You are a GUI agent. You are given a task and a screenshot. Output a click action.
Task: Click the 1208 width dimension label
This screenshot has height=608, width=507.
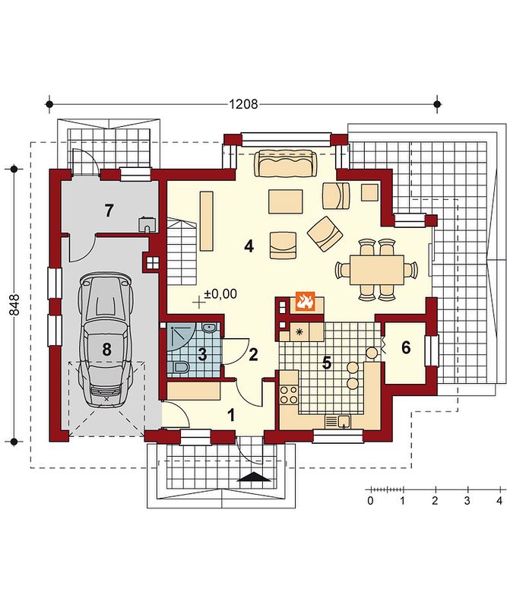pyautogui.click(x=243, y=104)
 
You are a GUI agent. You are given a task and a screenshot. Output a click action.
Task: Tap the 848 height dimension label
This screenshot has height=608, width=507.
pyautogui.click(x=14, y=305)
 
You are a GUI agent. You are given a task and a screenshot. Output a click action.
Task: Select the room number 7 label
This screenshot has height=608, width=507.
pyautogui.click(x=109, y=211)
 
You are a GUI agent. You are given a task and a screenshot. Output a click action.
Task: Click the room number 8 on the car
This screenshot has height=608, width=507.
pyautogui.click(x=106, y=350)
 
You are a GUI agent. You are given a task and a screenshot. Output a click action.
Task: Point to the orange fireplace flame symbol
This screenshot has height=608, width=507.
pyautogui.click(x=305, y=302)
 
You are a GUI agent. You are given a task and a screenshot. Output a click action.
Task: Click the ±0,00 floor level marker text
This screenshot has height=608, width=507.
pyautogui.click(x=220, y=293)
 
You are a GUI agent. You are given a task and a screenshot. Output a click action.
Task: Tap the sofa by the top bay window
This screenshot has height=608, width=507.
pyautogui.click(x=286, y=163)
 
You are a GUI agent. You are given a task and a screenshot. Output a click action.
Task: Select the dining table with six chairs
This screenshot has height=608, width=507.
pyautogui.click(x=377, y=270)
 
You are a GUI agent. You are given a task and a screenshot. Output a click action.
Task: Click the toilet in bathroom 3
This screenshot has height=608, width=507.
pyautogui.click(x=179, y=366)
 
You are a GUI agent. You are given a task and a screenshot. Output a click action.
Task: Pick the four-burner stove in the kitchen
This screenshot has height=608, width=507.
pyautogui.click(x=288, y=394)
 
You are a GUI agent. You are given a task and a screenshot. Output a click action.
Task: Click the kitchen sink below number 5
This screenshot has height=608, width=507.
pyautogui.click(x=337, y=421)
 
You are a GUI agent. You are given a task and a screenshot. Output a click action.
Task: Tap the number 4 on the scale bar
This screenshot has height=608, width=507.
pyautogui.click(x=499, y=501)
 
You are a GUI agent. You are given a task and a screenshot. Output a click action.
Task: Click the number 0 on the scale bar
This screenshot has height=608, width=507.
pyautogui.click(x=370, y=501)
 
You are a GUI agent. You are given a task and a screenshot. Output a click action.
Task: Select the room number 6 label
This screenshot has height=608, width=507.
pyautogui.click(x=406, y=348)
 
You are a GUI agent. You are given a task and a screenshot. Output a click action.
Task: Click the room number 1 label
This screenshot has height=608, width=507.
pyautogui.click(x=231, y=416)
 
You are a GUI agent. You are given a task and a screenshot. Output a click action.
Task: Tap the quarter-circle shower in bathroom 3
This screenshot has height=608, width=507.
pyautogui.click(x=181, y=339)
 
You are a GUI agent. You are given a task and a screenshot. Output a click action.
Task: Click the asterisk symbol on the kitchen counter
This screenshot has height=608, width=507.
pyautogui.click(x=299, y=332)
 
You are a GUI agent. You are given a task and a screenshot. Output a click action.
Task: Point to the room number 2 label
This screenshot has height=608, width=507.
pyautogui.click(x=253, y=354)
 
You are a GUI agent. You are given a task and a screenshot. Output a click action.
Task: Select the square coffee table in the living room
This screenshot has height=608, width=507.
pyautogui.click(x=286, y=201)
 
